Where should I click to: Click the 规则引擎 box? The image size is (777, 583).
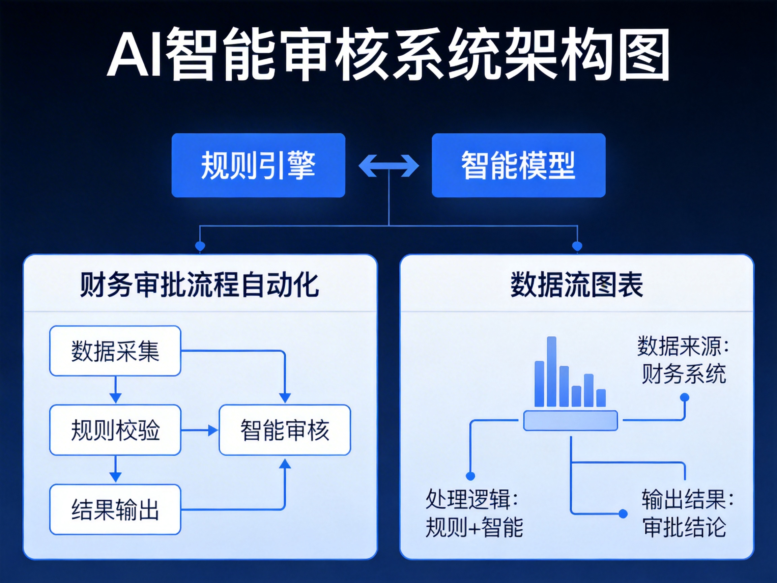pos(258,165)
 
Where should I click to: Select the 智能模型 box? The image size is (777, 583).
pos(518,165)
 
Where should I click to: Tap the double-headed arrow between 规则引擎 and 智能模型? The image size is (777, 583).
pos(388,166)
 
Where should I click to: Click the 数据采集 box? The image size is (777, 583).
pos(115,351)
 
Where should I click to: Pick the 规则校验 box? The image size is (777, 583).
pos(115,430)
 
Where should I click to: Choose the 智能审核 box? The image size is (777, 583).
pos(285,430)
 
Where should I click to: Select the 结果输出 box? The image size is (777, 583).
pos(115,509)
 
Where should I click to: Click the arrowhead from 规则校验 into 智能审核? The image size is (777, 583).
pos(212,430)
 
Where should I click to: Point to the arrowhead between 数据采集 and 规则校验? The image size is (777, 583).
pos(115,398)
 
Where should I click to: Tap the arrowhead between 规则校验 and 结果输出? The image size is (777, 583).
pos(115,477)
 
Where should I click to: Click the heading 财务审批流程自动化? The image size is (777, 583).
pos(200,285)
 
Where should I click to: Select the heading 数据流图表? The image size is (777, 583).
pos(577,285)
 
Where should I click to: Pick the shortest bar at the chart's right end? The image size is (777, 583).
pos(601,398)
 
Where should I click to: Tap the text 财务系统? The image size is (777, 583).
pos(684,374)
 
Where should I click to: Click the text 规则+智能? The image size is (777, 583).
pos(474,527)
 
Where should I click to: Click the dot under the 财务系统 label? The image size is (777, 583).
pos(685,397)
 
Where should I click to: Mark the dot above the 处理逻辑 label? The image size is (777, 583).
pos(470,476)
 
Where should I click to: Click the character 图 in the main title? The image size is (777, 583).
pos(643,54)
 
